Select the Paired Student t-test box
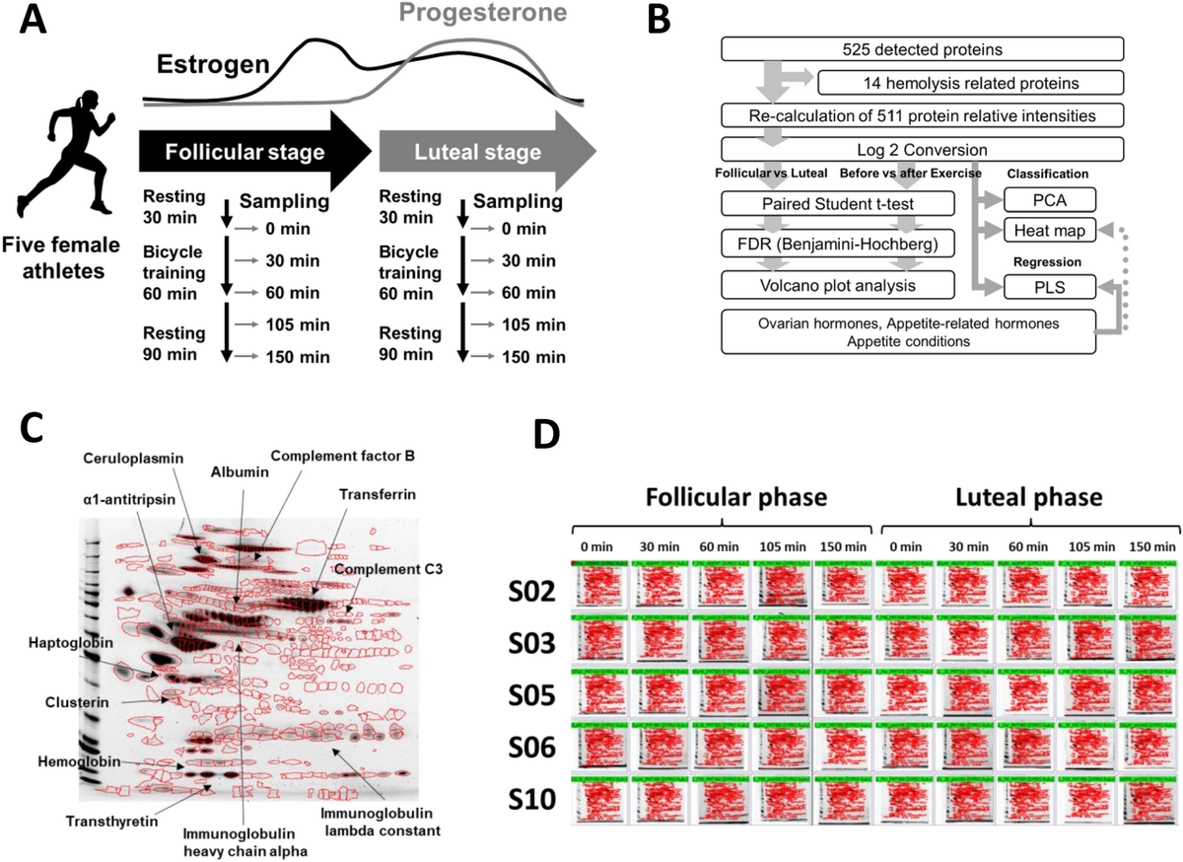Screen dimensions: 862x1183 (x=838, y=205)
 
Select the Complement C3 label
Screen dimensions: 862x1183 (x=382, y=570)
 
